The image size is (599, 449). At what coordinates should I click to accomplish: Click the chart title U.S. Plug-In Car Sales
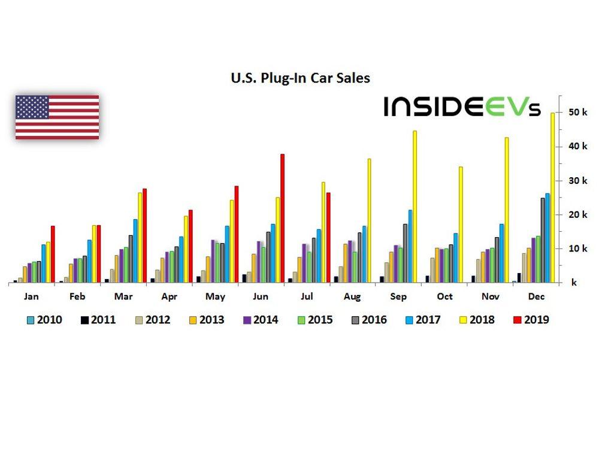click(301, 78)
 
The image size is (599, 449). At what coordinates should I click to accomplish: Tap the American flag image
click(57, 117)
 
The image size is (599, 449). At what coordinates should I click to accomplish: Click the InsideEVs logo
click(462, 107)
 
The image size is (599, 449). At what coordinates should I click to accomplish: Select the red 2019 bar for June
click(282, 218)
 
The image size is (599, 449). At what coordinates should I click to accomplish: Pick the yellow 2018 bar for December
click(552, 198)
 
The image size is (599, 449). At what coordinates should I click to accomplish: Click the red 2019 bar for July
click(328, 237)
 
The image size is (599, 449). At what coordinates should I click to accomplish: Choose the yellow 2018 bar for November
click(506, 210)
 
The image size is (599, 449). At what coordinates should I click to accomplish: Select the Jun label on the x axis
click(260, 296)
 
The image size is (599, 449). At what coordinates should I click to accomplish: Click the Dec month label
click(536, 296)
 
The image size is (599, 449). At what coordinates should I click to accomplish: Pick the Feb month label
click(76, 296)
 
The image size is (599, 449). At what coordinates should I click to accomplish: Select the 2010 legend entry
click(43, 320)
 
